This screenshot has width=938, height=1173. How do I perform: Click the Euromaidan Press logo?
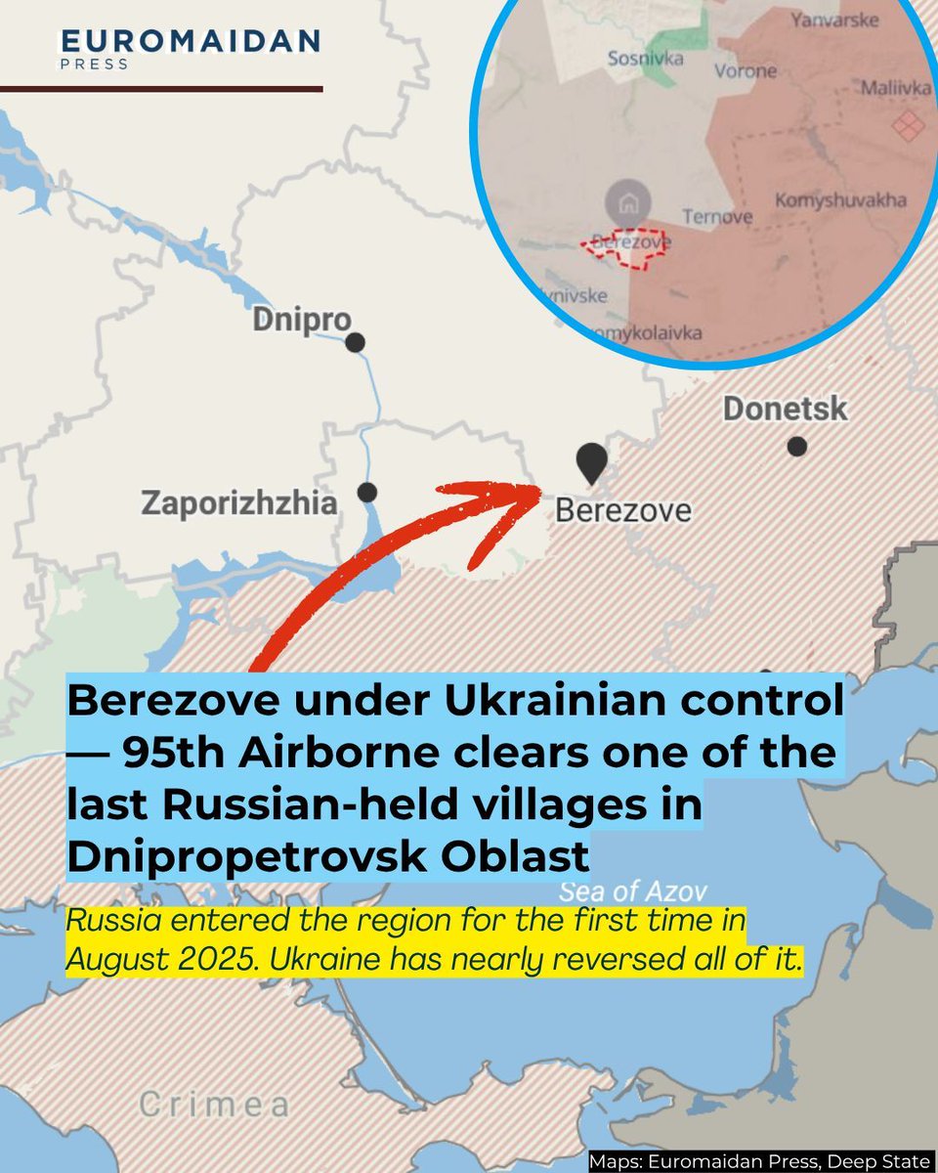[191, 48]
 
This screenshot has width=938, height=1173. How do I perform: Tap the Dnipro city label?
[301, 320]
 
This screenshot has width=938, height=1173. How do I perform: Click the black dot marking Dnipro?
[356, 342]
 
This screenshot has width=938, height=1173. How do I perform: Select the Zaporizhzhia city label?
[239, 504]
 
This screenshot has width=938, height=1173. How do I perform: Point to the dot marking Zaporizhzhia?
[367, 492]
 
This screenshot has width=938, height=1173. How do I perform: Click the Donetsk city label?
[785, 409]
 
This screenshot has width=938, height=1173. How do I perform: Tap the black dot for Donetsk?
[797, 447]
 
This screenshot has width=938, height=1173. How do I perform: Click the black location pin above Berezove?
[590, 461]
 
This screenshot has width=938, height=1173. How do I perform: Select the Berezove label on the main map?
[622, 510]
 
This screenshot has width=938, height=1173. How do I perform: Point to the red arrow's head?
[523, 489]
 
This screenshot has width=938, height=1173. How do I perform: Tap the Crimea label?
[214, 1106]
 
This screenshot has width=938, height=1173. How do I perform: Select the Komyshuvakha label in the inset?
[840, 200]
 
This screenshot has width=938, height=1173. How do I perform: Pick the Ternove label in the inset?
[717, 216]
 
